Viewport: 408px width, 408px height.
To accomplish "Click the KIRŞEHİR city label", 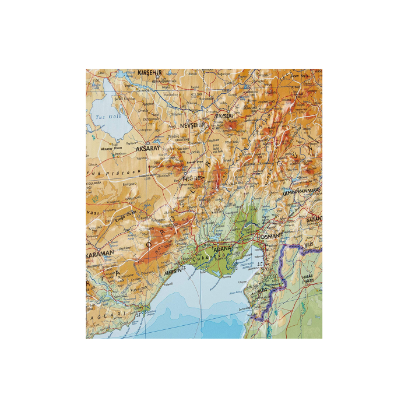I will [x=149, y=72].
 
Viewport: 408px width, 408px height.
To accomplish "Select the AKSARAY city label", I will [x=147, y=149].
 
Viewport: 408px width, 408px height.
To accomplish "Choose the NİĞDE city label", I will [x=195, y=178].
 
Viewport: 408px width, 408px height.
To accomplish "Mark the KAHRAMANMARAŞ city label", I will [x=303, y=191].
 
